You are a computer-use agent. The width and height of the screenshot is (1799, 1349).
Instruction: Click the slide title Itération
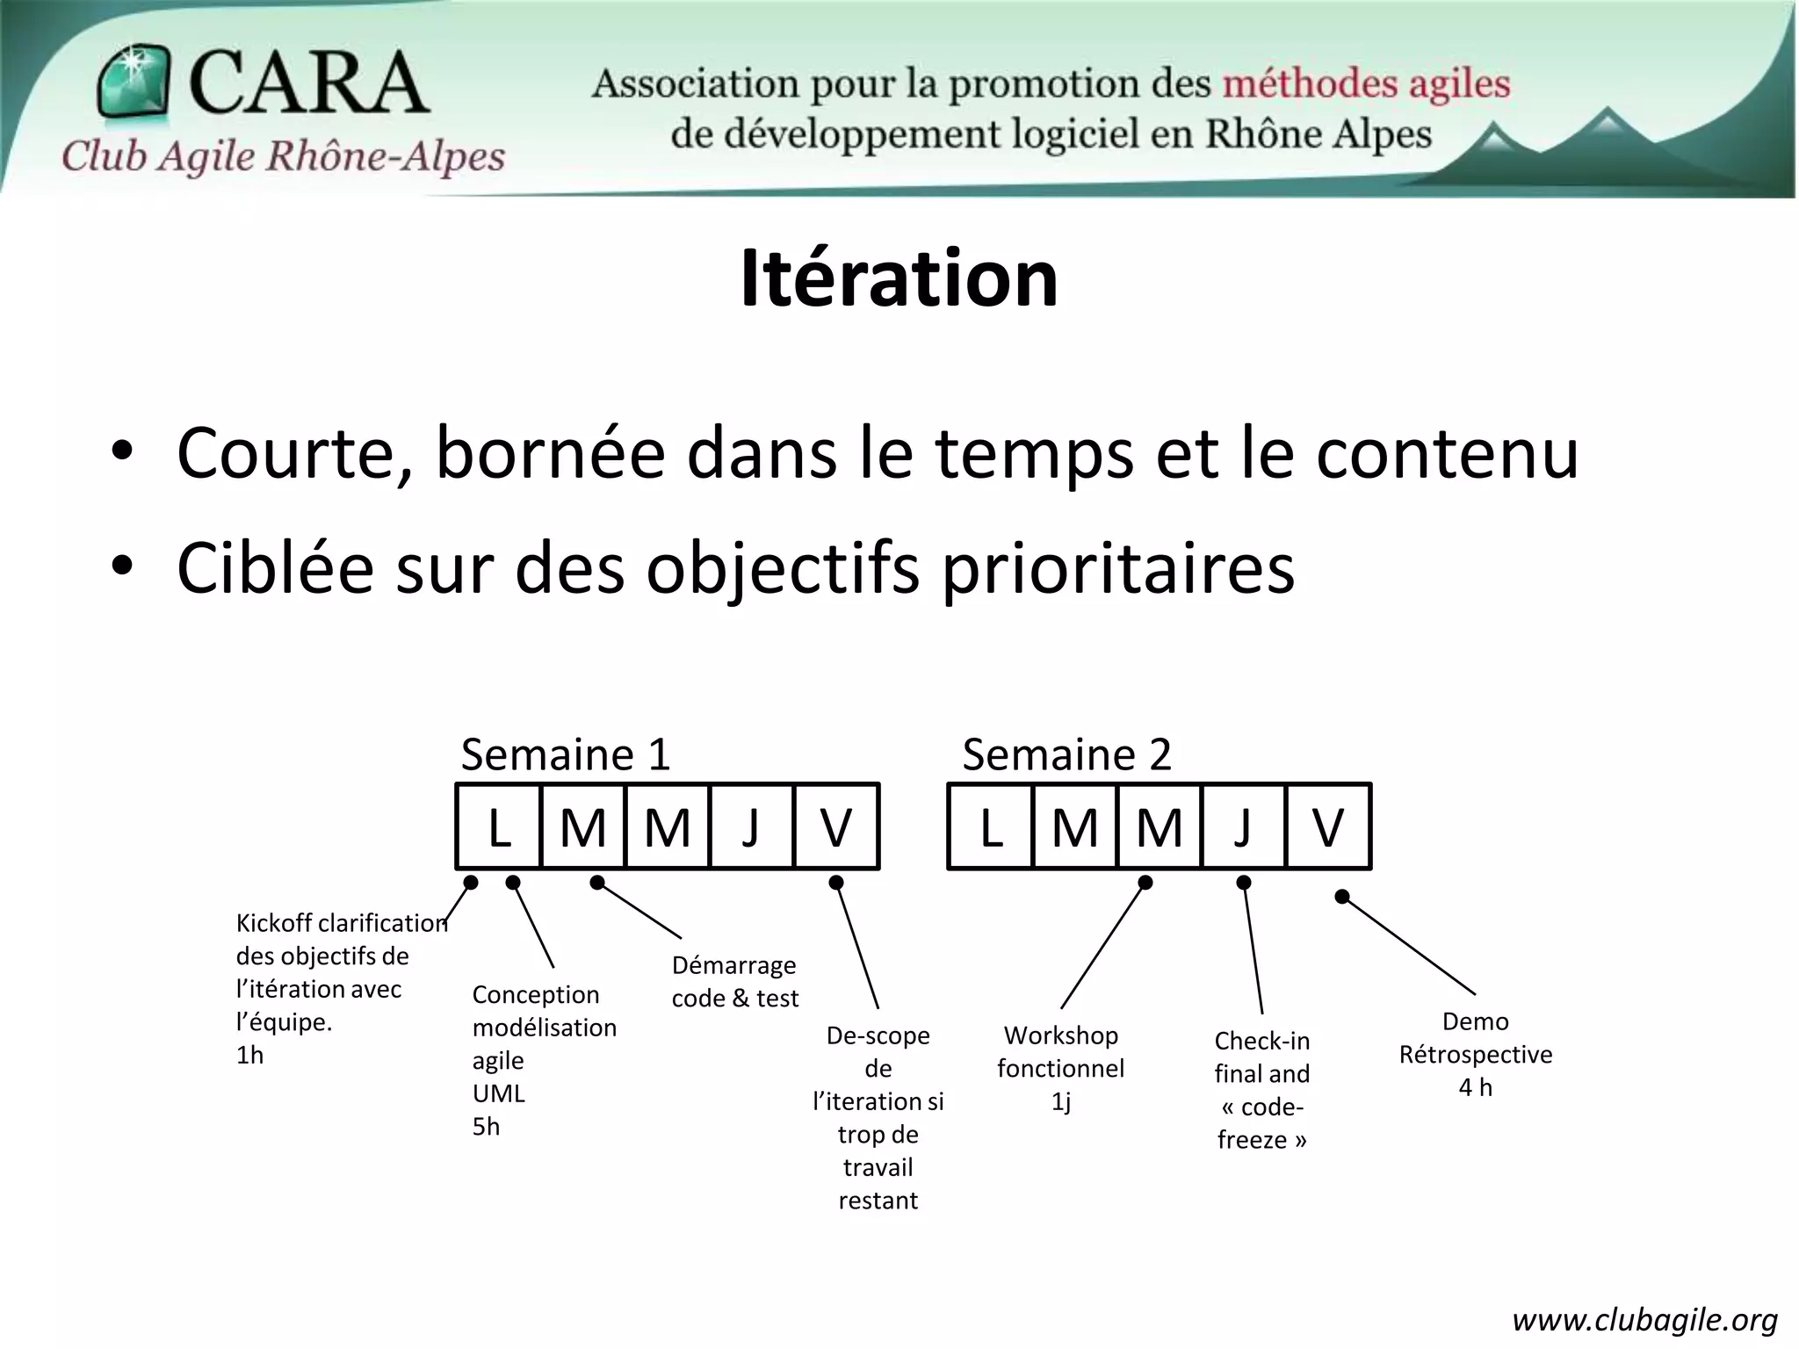click(899, 278)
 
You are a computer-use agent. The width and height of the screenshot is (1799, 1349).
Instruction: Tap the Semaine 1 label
click(565, 754)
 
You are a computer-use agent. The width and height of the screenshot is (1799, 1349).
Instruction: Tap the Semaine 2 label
click(1066, 754)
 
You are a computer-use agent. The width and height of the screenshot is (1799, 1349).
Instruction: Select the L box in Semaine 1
click(499, 826)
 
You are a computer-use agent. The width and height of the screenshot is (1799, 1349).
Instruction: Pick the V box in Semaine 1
click(835, 826)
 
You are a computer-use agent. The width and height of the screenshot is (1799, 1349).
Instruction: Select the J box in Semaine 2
click(1243, 826)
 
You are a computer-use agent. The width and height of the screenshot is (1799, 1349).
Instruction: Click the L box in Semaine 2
click(991, 826)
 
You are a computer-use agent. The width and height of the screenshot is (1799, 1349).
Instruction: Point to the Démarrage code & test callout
click(735, 981)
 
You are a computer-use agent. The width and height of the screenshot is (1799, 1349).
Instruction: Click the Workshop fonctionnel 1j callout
click(1060, 1068)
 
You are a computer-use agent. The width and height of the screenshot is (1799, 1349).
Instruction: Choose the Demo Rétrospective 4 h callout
click(1475, 1054)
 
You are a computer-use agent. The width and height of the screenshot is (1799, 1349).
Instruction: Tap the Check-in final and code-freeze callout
click(1261, 1090)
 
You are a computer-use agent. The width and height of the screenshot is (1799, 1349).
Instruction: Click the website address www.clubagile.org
click(1644, 1319)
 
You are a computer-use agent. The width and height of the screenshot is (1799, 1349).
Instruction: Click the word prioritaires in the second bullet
click(1118, 568)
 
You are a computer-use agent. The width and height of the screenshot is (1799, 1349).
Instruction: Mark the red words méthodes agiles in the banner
click(1366, 84)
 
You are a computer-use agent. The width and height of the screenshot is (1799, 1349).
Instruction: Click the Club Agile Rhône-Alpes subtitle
click(283, 157)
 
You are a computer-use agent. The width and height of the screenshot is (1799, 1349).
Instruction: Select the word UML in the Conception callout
click(498, 1093)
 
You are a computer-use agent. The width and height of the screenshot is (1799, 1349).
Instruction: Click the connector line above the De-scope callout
click(857, 946)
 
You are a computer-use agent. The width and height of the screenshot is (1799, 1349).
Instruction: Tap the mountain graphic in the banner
click(1581, 141)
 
